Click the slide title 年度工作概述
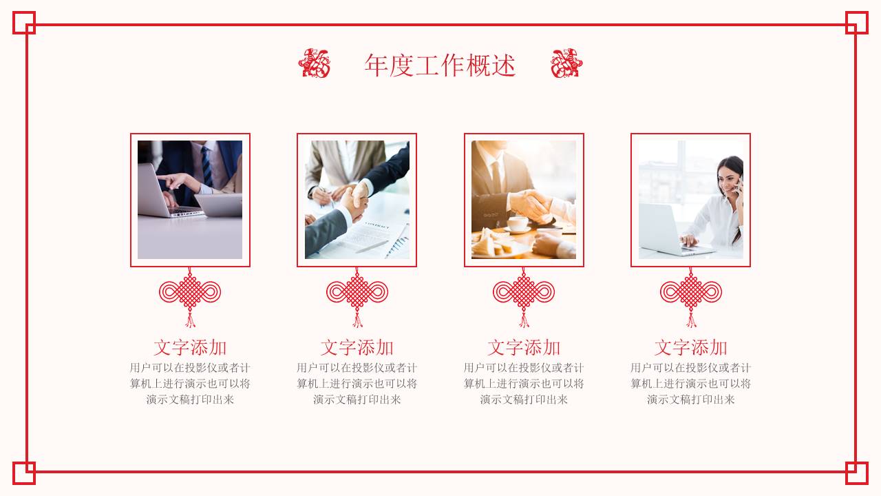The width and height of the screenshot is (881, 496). (x=440, y=65)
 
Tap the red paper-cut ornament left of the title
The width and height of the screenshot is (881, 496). (x=314, y=63)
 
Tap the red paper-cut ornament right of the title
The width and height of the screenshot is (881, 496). (x=566, y=63)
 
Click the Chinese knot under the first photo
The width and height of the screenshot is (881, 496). (x=190, y=292)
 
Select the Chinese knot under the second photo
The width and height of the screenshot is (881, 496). (x=357, y=292)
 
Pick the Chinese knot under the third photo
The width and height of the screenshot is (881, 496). (x=524, y=292)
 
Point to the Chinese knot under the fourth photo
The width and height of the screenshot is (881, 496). (x=690, y=292)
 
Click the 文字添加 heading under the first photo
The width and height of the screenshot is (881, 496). (x=190, y=347)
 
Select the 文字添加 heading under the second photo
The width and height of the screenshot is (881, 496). (x=357, y=347)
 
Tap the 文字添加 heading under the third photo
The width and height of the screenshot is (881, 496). (x=524, y=347)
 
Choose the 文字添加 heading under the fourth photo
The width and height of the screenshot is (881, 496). (x=690, y=347)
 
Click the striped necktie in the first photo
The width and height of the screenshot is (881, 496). (x=206, y=165)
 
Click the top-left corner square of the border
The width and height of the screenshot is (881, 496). (x=24, y=23)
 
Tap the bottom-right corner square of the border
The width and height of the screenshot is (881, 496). (x=856, y=473)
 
